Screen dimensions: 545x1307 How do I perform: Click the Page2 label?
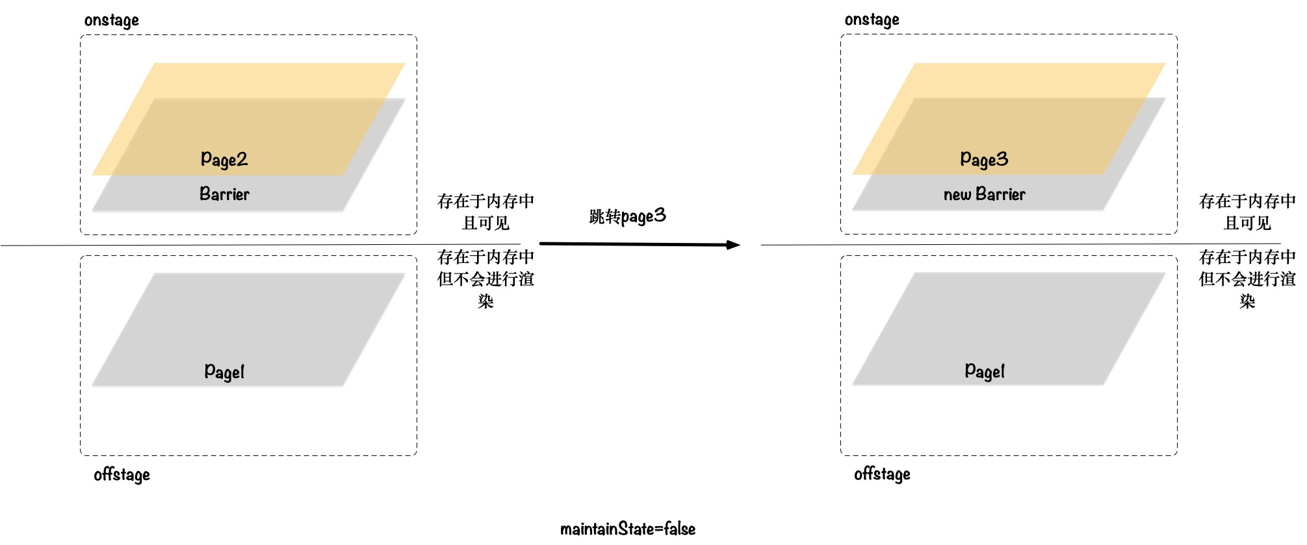tap(224, 159)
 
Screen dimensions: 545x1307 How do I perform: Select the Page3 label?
tap(984, 159)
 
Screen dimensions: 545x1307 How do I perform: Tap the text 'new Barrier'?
tap(984, 194)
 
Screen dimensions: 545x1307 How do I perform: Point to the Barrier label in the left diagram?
tap(224, 194)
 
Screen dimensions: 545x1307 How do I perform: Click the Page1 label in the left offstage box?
tap(224, 372)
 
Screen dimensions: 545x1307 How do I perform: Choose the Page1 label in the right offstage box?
tap(984, 372)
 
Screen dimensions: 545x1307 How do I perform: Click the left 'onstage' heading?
tap(112, 21)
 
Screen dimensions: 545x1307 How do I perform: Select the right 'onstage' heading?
tap(872, 20)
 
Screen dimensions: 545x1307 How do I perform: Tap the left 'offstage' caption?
tap(122, 475)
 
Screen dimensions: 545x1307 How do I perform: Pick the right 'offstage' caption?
tap(882, 474)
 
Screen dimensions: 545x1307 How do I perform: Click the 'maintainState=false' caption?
tap(628, 529)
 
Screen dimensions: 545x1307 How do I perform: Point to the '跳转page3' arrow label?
tap(627, 216)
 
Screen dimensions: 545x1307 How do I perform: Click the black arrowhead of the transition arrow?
tap(733, 245)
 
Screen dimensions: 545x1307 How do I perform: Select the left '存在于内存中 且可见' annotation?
tap(485, 212)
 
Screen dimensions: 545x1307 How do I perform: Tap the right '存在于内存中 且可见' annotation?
tap(1247, 212)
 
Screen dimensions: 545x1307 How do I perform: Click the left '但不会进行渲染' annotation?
tap(485, 279)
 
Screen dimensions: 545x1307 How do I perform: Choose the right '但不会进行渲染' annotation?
tap(1247, 279)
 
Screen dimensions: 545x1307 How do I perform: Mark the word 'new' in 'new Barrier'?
tap(957, 195)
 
